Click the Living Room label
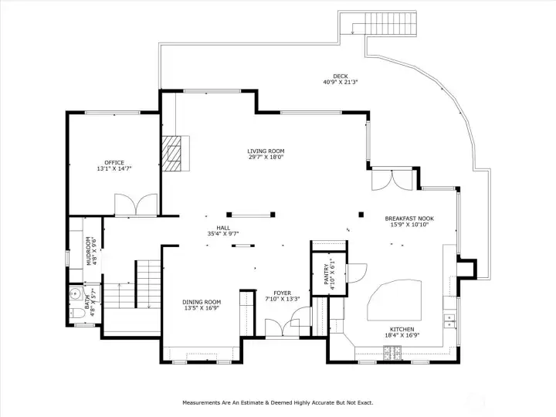[266, 151]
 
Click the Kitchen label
[402, 329]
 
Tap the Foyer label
[282, 293]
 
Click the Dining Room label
[202, 302]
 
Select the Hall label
[223, 228]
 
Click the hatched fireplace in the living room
[175, 153]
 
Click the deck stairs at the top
[390, 24]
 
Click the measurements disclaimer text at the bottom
[277, 402]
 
